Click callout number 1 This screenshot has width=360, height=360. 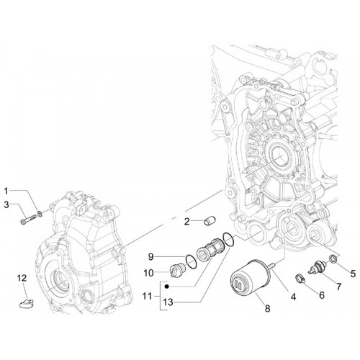pyautogui.click(x=6, y=191)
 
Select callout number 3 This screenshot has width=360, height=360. pyautogui.click(x=6, y=204)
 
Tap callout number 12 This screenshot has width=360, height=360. pyautogui.click(x=22, y=278)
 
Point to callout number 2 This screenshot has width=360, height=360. pyautogui.click(x=186, y=222)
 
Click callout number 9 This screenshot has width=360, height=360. pyautogui.click(x=150, y=257)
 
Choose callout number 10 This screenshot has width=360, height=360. pyautogui.click(x=148, y=273)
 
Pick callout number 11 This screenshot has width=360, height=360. pyautogui.click(x=147, y=297)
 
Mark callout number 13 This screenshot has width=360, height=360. pyautogui.click(x=168, y=302)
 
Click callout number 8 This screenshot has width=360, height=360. pyautogui.click(x=267, y=308)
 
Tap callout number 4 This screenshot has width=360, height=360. pyautogui.click(x=293, y=297)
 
